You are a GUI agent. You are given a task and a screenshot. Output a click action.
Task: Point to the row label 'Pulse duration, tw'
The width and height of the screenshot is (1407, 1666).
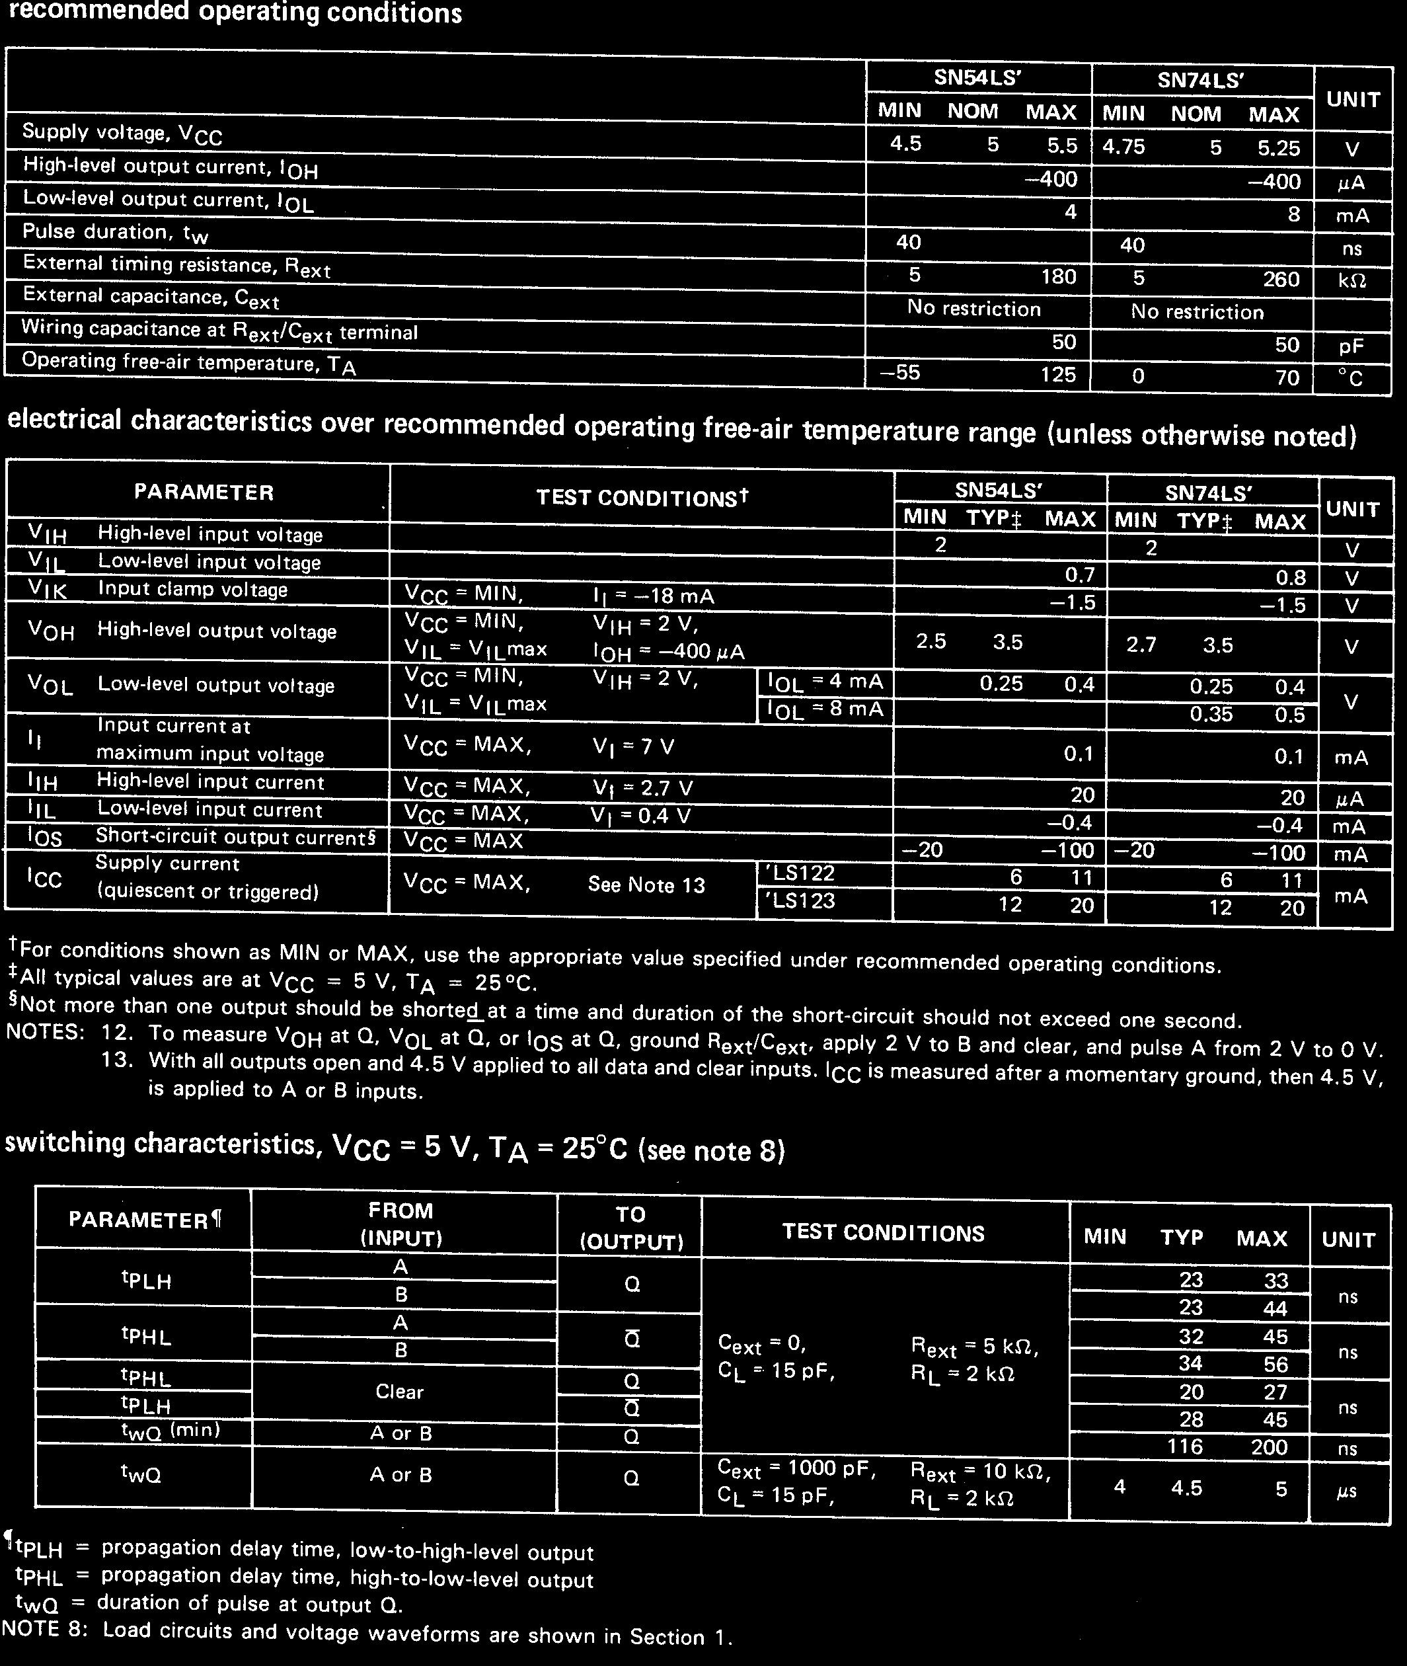click(x=115, y=233)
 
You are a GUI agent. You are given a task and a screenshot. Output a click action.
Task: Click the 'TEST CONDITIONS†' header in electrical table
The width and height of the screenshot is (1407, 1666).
click(x=642, y=498)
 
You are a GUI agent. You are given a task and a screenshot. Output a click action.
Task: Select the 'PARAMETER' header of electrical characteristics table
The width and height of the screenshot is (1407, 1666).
click(x=204, y=493)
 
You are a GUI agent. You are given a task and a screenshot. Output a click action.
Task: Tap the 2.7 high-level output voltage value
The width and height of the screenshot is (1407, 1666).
click(x=1141, y=645)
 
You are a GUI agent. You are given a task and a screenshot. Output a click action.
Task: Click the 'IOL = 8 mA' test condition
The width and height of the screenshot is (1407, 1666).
click(x=825, y=710)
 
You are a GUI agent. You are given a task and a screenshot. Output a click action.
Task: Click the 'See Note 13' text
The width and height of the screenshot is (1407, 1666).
click(x=646, y=885)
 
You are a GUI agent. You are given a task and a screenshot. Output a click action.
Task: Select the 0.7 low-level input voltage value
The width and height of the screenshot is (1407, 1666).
click(x=1079, y=575)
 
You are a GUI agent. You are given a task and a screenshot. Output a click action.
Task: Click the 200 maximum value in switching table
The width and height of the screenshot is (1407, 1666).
click(x=1269, y=1447)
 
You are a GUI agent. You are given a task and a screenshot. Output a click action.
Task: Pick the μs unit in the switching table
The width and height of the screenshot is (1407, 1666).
click(x=1346, y=1490)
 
